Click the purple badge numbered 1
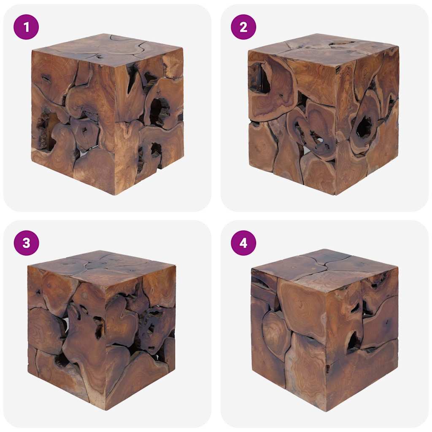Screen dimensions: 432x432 tap(26, 27)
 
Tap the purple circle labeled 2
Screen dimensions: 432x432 tap(243, 27)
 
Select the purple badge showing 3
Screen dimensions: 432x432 tap(26, 243)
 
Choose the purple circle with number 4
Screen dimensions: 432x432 tap(243, 243)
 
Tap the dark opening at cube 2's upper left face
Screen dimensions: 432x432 tap(258, 78)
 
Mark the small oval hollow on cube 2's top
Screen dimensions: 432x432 tap(341, 43)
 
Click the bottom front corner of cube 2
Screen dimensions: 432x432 tap(336, 194)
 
